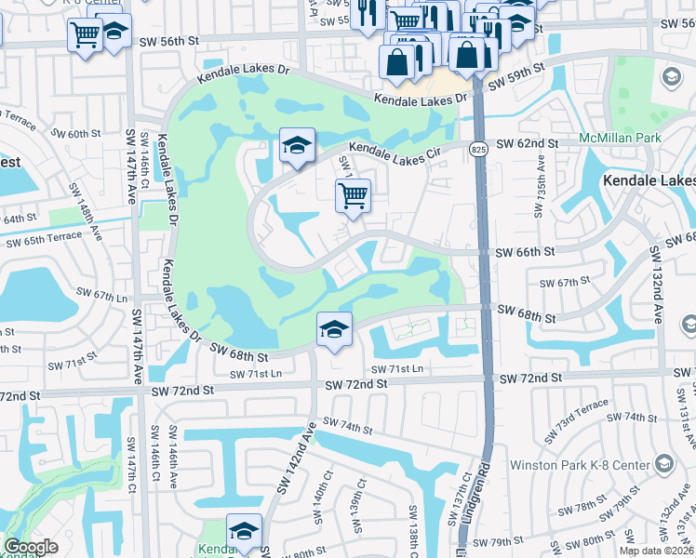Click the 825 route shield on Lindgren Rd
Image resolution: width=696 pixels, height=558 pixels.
click(x=477, y=149)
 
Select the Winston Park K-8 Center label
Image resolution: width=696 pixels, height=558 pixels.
click(x=581, y=462)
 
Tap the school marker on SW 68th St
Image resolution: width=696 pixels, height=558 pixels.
click(x=334, y=329)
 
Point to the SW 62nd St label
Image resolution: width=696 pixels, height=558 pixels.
click(x=527, y=143)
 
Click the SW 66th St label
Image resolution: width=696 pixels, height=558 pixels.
click(x=525, y=252)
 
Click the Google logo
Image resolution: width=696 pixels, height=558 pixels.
click(x=31, y=547)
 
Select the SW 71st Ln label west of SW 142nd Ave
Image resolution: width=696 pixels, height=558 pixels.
click(x=256, y=373)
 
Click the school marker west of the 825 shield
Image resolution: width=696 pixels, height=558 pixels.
click(x=297, y=147)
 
